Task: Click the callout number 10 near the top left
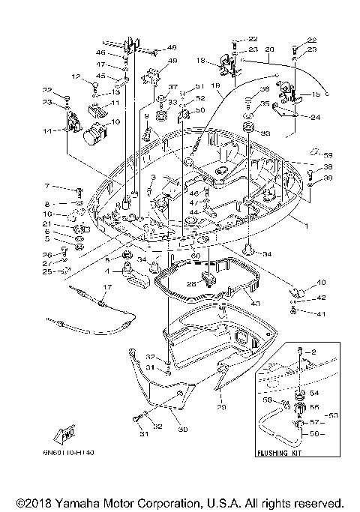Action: click(x=115, y=121)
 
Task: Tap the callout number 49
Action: click(x=172, y=61)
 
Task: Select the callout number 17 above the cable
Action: click(x=107, y=286)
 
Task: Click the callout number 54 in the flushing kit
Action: click(x=313, y=392)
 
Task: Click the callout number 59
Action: click(x=328, y=155)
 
